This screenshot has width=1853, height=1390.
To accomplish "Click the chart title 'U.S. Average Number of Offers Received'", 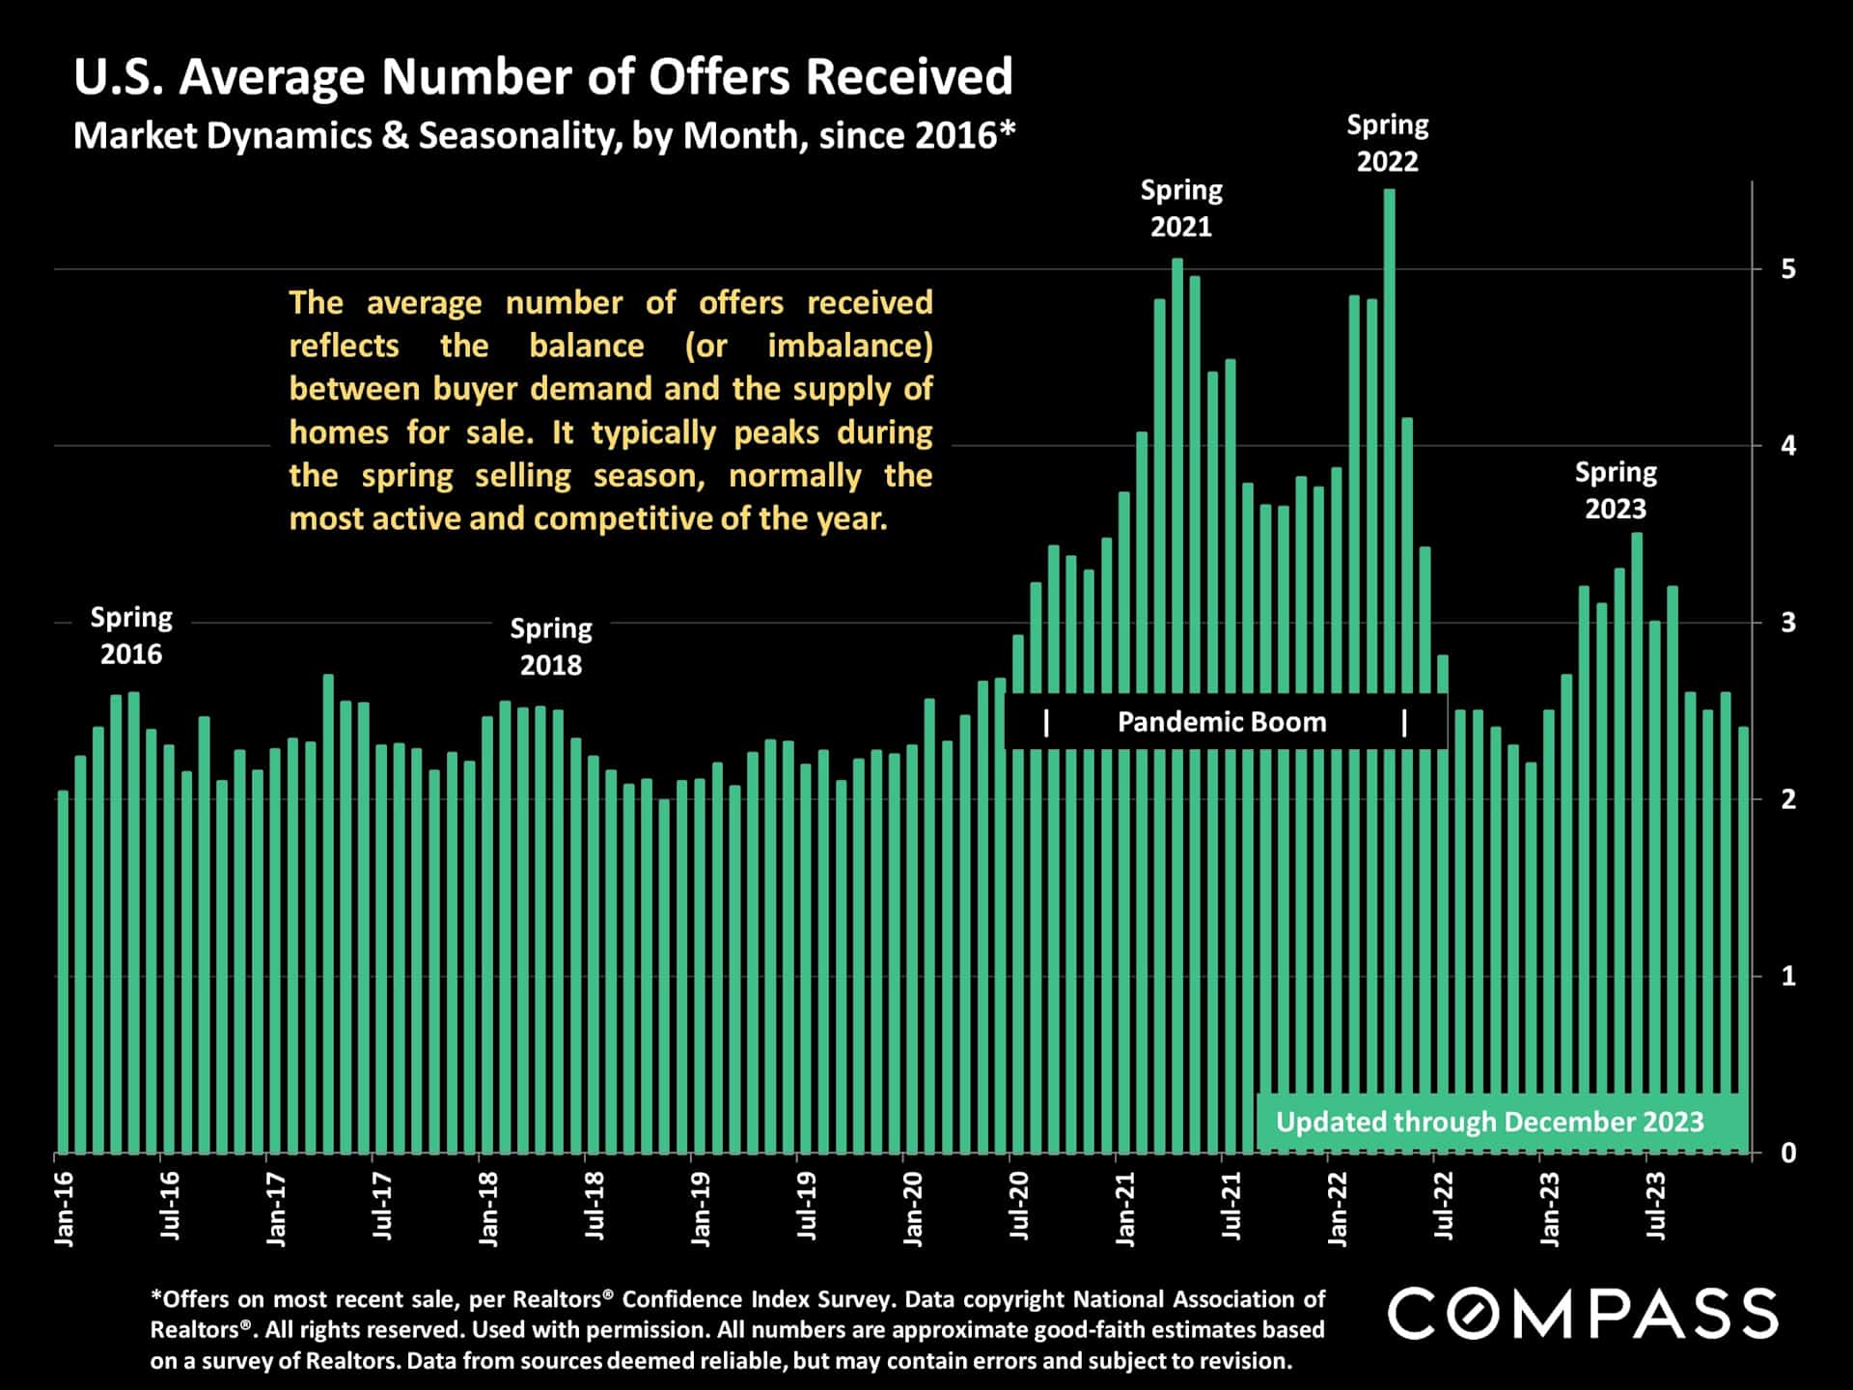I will coord(542,77).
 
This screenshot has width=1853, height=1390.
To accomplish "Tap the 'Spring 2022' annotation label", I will coord(1387,143).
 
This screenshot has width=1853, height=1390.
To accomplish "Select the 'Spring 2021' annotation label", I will coord(1181,208).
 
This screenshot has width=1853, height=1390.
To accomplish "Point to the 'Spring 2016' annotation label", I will coord(131,635).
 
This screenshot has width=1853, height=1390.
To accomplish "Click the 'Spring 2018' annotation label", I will coord(551,647).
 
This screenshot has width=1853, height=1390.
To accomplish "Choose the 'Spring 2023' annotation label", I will coord(1616,490).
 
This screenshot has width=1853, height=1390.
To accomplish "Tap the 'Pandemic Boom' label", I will coord(1222,722).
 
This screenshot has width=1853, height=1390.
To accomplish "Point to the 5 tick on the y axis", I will coord(1788,269).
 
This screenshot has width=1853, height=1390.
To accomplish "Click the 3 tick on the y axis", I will coord(1788,623).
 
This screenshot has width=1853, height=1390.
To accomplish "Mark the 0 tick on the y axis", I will coord(1788,1153).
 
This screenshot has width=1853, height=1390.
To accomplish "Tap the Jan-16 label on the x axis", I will coord(65,1209).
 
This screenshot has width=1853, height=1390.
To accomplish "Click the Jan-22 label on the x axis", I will coord(1338,1209).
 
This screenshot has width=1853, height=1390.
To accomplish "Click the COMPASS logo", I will coord(1583,1314).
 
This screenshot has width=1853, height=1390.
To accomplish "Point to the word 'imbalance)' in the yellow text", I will coord(849,346).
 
